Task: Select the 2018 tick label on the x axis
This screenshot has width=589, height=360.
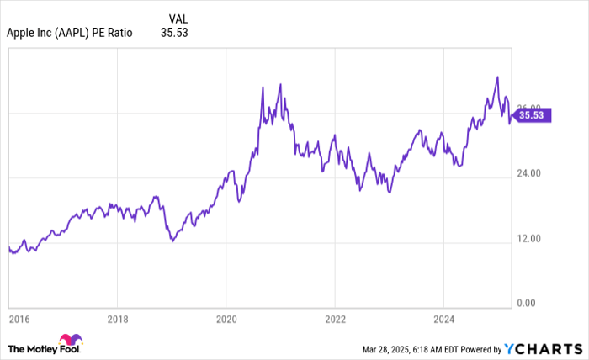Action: [118, 320]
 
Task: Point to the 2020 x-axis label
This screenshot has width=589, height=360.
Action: [226, 320]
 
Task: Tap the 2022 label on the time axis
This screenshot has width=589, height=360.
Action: [335, 320]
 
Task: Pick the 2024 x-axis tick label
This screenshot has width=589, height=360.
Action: [443, 320]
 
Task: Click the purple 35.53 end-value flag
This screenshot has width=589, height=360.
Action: [533, 116]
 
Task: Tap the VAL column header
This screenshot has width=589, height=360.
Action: [178, 19]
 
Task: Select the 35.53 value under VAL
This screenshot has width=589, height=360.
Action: [174, 33]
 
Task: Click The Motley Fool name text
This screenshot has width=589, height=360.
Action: [33, 347]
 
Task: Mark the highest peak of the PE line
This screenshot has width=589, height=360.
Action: [497, 77]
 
